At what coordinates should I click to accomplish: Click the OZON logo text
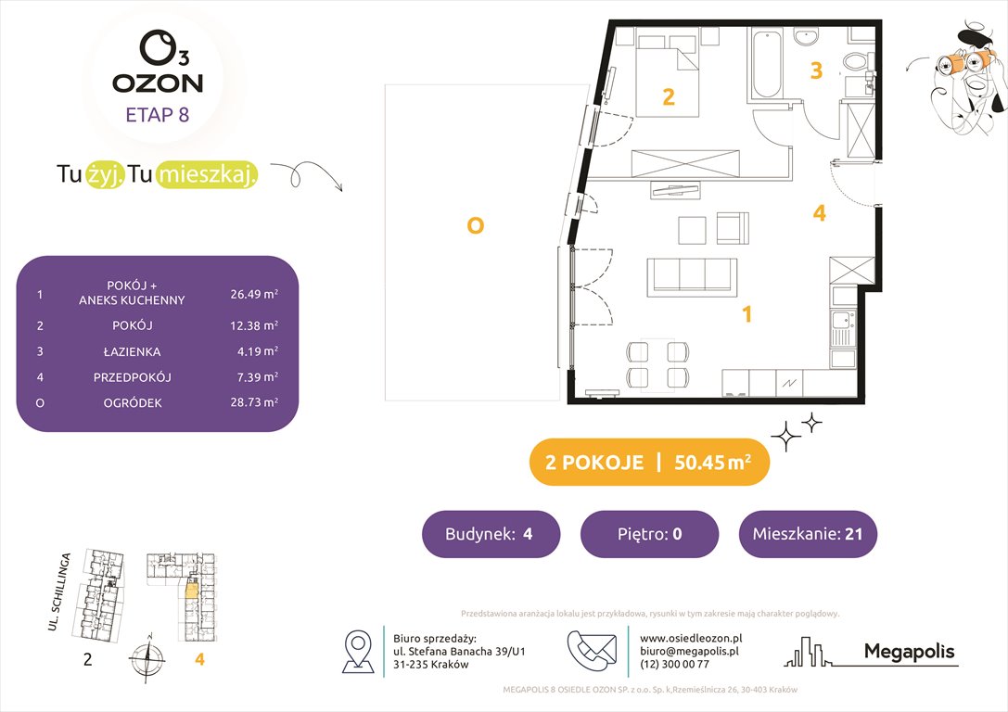click(158, 83)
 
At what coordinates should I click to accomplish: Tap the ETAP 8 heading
click(158, 116)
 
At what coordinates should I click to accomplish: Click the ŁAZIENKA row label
click(132, 351)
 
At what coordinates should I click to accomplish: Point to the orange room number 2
click(668, 96)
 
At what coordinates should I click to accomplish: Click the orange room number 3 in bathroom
click(816, 70)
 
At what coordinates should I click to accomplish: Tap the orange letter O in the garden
click(475, 225)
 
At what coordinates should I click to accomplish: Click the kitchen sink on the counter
click(843, 327)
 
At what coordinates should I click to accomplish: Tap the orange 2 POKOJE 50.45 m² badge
click(648, 463)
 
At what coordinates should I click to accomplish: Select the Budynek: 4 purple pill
click(491, 534)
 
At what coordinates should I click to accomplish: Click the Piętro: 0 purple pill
click(649, 534)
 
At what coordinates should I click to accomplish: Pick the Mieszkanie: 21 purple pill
click(807, 534)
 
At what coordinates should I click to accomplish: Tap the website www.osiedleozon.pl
click(690, 638)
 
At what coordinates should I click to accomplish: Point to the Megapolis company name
click(909, 652)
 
